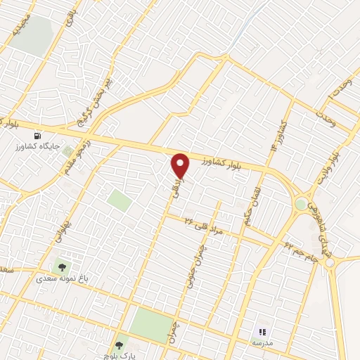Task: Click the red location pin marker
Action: (181, 166)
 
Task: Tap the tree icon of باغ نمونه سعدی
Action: (61, 266)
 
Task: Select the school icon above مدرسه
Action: (262, 332)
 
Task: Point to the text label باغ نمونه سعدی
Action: (62, 278)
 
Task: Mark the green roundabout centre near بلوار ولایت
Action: (301, 204)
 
